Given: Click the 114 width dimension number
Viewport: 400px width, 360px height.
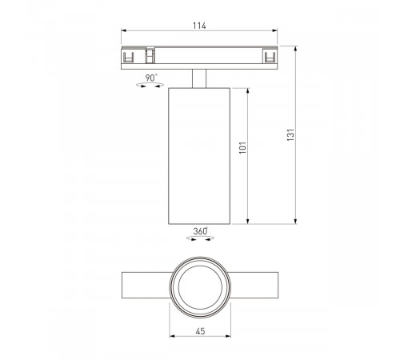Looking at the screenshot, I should (x=199, y=26).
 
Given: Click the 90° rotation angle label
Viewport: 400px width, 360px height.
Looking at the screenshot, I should (x=151, y=78).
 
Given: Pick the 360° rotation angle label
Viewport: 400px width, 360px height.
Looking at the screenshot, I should (x=200, y=232).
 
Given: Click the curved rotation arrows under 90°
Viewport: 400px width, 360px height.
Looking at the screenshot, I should (x=150, y=86).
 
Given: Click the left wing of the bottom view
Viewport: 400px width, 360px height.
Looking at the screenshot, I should (x=144, y=286).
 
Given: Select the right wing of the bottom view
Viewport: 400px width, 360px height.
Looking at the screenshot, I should (x=256, y=286).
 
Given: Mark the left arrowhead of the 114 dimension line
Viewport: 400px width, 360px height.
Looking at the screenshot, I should (x=123, y=33).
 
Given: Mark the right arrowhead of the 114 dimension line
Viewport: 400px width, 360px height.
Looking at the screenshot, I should (x=277, y=33).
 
